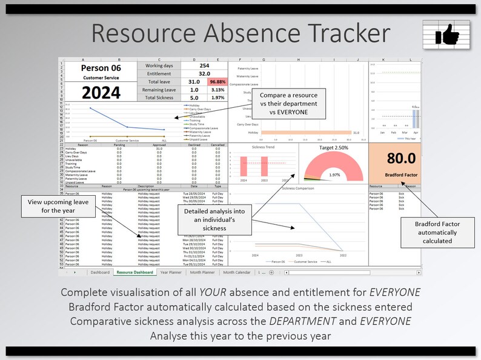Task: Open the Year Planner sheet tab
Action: (171, 273)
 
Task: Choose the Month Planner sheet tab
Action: (203, 273)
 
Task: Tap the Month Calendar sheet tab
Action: (237, 273)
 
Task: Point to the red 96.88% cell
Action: (217, 81)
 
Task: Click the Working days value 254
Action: (204, 65)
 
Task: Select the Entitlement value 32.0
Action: (204, 73)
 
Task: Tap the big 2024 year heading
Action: (101, 92)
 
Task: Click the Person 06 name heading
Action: (101, 68)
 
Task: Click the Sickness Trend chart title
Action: (263, 147)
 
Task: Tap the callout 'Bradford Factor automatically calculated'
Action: (437, 232)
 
